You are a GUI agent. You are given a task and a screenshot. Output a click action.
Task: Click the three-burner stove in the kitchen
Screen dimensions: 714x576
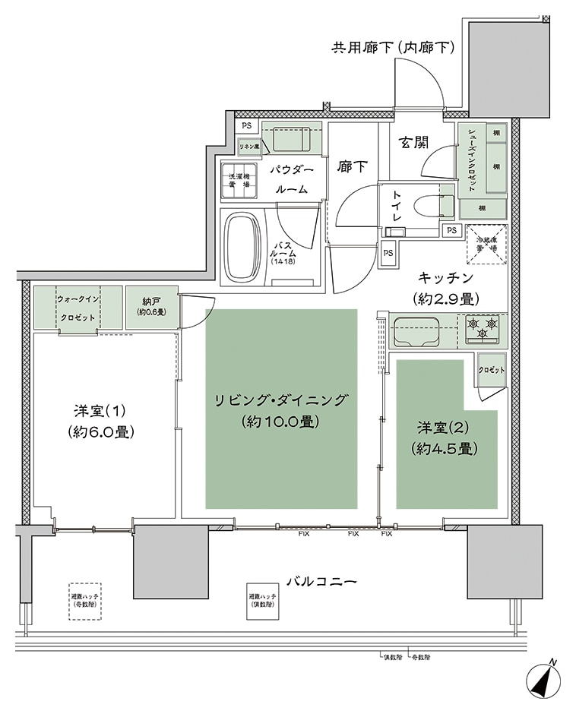point(482,329)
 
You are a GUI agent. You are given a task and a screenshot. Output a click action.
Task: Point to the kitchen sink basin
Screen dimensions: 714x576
point(418,331)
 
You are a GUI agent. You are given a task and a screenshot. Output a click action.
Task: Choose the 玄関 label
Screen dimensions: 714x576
point(415,142)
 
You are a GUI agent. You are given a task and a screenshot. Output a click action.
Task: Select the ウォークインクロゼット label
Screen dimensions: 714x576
point(78,307)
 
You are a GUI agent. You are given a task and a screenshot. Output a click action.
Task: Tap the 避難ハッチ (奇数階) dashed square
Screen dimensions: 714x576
point(85,601)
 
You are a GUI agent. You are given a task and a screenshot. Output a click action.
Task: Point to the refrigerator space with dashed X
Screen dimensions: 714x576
point(482,243)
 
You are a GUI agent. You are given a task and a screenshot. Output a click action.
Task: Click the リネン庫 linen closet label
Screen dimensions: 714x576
point(249,146)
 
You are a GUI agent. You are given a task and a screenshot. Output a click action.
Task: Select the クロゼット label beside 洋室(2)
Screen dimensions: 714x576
point(491,369)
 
